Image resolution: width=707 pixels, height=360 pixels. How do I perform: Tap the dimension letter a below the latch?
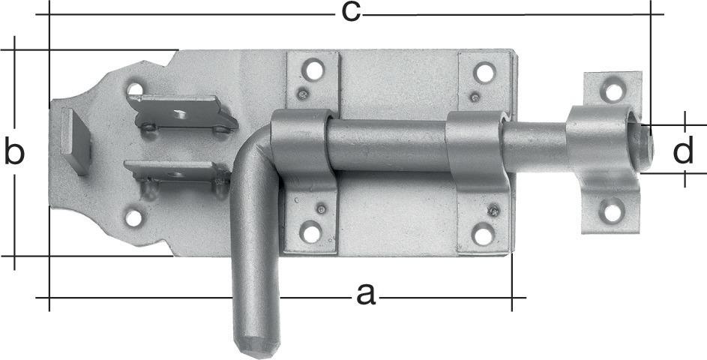(365, 295)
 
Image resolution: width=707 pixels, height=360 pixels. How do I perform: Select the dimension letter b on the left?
(14, 152)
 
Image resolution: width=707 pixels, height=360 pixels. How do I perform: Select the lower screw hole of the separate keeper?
(613, 212)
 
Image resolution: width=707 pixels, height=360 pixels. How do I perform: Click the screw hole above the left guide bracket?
(313, 70)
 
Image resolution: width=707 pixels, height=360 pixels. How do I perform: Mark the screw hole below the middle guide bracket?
(483, 235)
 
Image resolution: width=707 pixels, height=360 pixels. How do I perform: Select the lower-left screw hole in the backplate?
(133, 218)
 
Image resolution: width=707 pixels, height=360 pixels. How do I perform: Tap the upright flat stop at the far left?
(76, 140)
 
